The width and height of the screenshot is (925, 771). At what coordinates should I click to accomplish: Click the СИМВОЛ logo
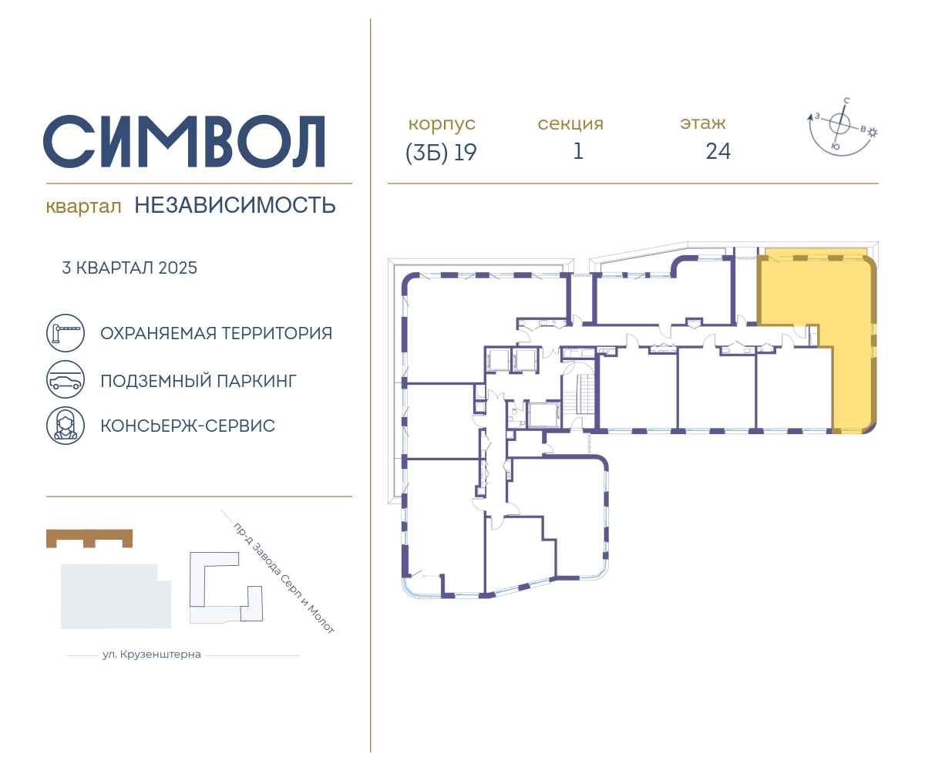coord(184,141)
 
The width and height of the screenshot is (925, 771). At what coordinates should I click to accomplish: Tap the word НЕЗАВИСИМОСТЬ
coord(235,205)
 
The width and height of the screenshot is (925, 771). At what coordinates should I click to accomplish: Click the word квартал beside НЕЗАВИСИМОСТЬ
coord(83,207)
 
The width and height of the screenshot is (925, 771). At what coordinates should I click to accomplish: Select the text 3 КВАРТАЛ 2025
coord(129,268)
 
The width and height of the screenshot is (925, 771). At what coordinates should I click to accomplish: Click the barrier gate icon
coord(66,333)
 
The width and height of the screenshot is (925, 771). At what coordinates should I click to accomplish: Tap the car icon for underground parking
coord(66,379)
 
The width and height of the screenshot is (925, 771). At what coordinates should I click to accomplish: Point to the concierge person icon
coord(66,426)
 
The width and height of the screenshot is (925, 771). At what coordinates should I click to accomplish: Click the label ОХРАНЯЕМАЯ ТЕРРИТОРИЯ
coord(216,333)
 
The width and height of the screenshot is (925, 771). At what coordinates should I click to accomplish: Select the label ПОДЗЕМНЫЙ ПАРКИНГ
coord(198,381)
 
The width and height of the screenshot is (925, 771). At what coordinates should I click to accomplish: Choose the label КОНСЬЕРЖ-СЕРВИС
coord(188,426)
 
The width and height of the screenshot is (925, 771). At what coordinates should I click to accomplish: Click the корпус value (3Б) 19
coord(441,153)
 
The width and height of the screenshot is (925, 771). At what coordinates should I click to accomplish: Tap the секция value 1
coord(578,152)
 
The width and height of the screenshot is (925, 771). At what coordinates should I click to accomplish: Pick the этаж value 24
coord(718,152)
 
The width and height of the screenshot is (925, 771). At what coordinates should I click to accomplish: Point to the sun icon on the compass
coord(873,133)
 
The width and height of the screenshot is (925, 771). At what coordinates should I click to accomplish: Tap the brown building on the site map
coord(89,538)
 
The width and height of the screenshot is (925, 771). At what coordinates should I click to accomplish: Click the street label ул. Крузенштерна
coord(152,655)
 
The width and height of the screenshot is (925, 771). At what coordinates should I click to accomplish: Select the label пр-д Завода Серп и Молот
coord(284,578)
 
